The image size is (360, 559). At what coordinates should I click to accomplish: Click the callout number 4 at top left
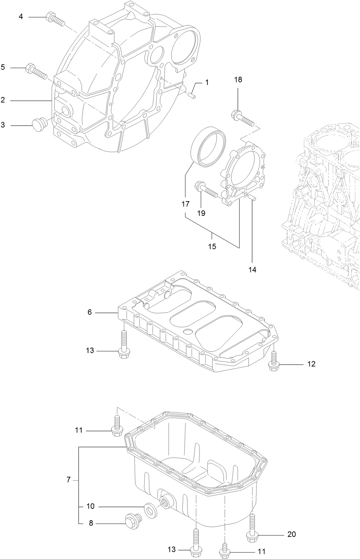coord(21,16)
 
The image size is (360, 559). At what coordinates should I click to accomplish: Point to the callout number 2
coord(3,100)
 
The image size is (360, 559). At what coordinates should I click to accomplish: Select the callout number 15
coord(212,246)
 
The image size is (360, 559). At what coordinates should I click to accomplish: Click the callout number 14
coord(252,270)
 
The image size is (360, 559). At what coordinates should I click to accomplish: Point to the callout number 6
coord(90,312)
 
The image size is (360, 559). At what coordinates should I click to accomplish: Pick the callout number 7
coord(68,480)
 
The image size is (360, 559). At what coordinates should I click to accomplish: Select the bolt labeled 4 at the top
coord(55,19)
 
